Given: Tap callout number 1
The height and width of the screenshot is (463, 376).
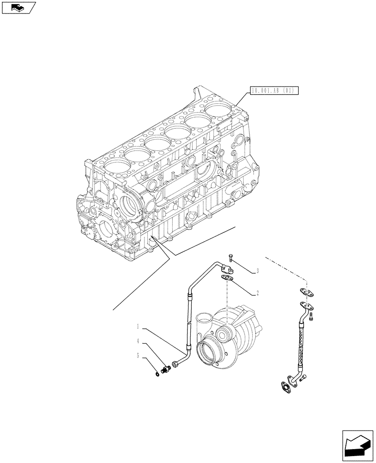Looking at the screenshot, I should coord(138,327).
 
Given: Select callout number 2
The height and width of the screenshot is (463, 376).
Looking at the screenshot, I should coord(257,293).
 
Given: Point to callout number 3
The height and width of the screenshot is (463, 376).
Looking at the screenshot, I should coord(257,271).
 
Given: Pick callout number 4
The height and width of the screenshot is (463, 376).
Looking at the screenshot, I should coord(138,342).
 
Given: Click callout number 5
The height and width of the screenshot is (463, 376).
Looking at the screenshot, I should coord(138,356).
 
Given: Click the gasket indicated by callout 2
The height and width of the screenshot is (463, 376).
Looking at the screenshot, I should coord(226,278).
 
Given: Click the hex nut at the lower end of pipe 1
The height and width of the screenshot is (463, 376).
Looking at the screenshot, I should coord(175,365).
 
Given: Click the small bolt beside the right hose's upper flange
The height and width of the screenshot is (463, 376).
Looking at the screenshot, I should coord(314,317).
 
